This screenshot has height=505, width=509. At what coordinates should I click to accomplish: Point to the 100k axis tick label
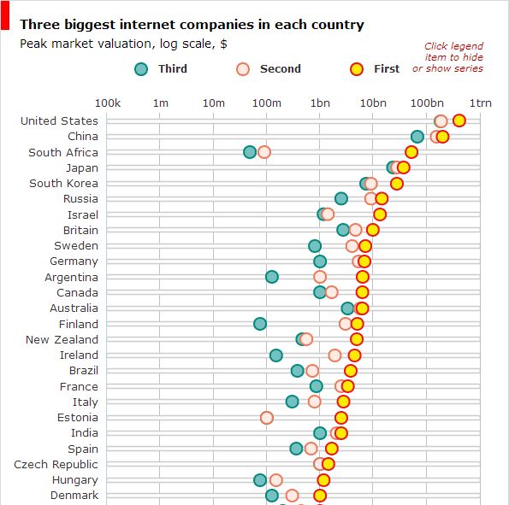(107, 103)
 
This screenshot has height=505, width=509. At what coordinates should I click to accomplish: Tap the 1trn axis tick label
(480, 103)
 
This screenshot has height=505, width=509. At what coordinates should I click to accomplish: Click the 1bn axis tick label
(320, 103)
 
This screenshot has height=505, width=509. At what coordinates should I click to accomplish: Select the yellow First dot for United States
(459, 120)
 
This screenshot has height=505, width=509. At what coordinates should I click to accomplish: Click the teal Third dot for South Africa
(250, 152)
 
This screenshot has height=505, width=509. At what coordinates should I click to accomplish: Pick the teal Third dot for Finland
(260, 324)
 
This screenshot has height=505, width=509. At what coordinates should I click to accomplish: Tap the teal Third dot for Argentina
(271, 277)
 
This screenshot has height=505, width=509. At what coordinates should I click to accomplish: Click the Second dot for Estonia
(267, 418)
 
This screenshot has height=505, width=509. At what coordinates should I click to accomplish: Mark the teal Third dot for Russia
(341, 199)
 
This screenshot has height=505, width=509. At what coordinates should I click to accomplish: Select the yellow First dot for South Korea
(397, 184)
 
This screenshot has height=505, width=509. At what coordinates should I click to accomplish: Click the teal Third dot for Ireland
(276, 355)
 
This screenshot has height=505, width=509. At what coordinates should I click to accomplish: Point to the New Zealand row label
(62, 339)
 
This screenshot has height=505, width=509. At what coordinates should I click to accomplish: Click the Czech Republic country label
(56, 464)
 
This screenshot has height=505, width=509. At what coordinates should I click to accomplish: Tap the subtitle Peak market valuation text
(124, 43)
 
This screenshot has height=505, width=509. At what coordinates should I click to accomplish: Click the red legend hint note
(453, 57)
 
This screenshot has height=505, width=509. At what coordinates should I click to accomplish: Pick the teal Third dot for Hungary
(260, 480)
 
